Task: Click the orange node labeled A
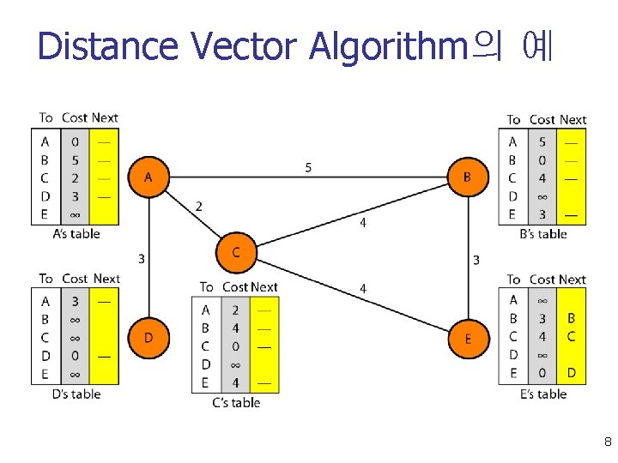tap(148, 177)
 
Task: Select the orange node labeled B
tap(468, 177)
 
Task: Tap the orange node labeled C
tap(236, 252)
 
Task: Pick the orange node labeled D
tap(148, 338)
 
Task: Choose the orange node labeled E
tap(468, 339)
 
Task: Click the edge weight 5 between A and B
tap(308, 167)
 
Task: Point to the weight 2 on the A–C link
tap(199, 207)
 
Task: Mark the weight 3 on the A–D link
tap(141, 257)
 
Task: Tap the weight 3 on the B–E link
tap(476, 259)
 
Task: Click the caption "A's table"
tap(76, 233)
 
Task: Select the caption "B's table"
tap(543, 234)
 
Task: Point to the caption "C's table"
tap(236, 402)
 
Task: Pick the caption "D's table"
tap(76, 394)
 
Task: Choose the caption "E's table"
tap(543, 394)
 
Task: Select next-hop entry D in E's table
tap(572, 373)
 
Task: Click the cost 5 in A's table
tap(75, 159)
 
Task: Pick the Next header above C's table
tap(264, 287)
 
